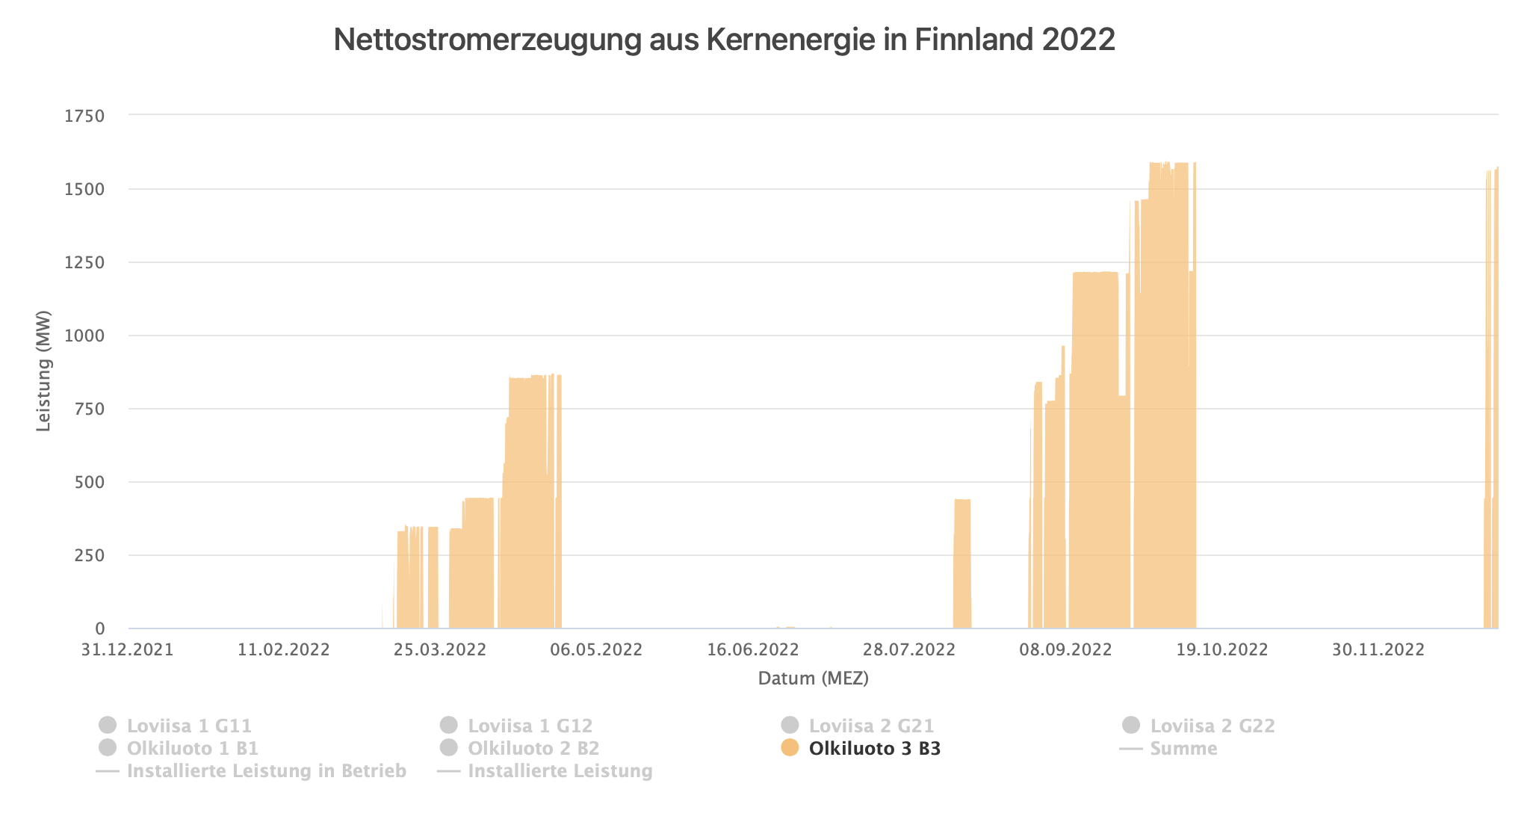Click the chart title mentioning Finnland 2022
[x=724, y=40]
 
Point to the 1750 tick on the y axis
[x=84, y=116]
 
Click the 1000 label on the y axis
[x=84, y=336]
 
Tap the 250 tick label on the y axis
[x=90, y=555]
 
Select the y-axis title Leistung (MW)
[x=44, y=371]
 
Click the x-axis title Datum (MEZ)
[x=813, y=679]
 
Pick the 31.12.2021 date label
[x=128, y=649]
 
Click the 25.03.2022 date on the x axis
[x=440, y=649]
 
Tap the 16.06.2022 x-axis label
[x=753, y=649]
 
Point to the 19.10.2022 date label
[x=1222, y=649]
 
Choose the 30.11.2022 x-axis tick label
[x=1378, y=649]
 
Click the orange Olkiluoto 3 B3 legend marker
[x=790, y=748]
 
